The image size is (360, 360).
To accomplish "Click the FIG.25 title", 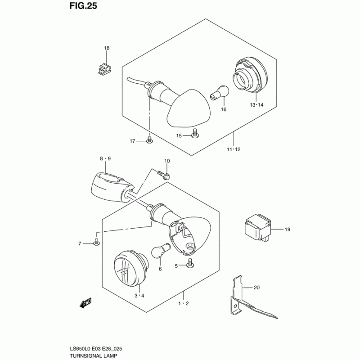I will [x=83, y=6].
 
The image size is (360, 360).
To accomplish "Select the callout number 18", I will [x=107, y=48].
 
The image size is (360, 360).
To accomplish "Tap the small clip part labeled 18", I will [x=104, y=68].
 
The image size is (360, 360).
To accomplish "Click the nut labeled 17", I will [x=149, y=141].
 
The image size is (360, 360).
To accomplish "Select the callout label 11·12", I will [x=234, y=149].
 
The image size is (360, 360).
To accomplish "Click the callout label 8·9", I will [x=105, y=158].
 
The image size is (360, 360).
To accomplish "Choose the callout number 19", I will [x=288, y=229].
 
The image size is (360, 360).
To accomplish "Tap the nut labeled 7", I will [x=96, y=243].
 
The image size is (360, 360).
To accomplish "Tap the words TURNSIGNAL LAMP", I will [x=93, y=355].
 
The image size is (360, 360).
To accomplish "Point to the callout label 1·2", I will [x=184, y=303].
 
